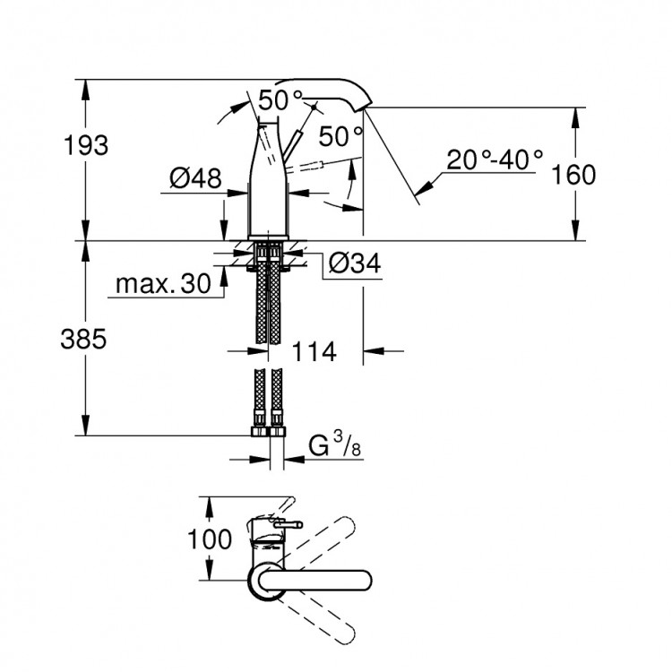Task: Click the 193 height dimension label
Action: point(87,144)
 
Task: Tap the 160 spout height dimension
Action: point(573,174)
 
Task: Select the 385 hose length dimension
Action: point(85,339)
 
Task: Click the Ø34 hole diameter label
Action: point(354,263)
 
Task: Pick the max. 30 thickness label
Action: point(161,285)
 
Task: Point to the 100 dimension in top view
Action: point(210,539)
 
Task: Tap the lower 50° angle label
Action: point(340,135)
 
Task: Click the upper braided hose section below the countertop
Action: point(269,300)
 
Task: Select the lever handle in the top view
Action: point(279,521)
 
